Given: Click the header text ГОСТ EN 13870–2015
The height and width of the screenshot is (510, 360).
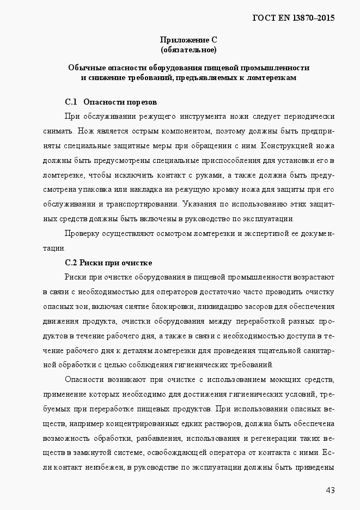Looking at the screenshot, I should [x=294, y=17].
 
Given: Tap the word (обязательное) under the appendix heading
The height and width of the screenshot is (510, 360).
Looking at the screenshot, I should [x=188, y=50].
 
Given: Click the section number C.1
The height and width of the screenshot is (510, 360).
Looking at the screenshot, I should [x=72, y=102].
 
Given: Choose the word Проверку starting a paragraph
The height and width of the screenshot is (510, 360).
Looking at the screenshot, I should [x=81, y=234].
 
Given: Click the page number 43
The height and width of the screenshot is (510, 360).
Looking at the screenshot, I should [x=330, y=490].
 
